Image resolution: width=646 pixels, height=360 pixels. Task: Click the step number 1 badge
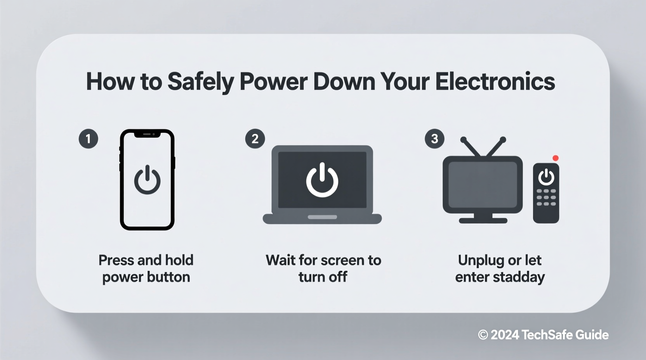click(x=88, y=139)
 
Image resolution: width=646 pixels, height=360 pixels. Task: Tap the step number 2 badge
click(x=255, y=139)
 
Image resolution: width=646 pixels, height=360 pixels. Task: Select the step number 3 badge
click(x=434, y=139)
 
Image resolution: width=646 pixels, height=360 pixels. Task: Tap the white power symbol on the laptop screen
click(x=322, y=180)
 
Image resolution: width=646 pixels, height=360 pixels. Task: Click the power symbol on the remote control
click(x=546, y=177)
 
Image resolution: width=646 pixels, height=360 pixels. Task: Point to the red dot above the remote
click(x=556, y=158)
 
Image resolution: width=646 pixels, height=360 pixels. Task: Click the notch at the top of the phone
click(x=147, y=134)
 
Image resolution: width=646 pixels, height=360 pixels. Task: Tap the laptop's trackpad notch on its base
click(x=322, y=217)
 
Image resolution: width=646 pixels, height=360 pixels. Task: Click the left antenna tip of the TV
click(x=463, y=139)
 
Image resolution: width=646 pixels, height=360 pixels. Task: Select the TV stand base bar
click(x=483, y=220)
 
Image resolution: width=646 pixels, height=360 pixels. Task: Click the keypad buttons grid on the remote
click(x=546, y=197)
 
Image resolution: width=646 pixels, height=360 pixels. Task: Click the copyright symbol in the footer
click(x=483, y=335)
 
